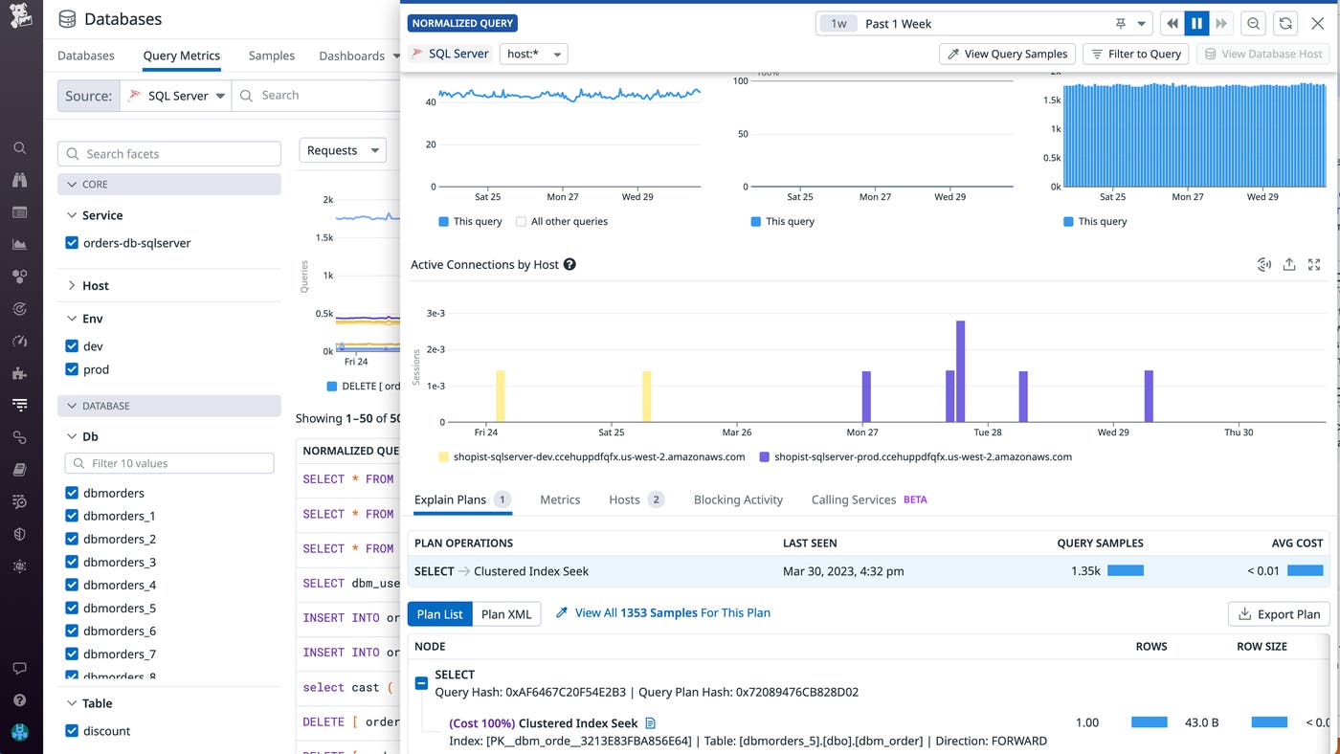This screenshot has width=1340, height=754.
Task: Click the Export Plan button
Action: (x=1279, y=614)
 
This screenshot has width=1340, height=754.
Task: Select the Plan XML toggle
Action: (x=506, y=614)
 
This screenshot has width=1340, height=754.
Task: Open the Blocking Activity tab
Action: (x=737, y=499)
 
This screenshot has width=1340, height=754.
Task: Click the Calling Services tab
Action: (x=853, y=499)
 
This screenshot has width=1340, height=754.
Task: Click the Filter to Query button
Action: (x=1135, y=54)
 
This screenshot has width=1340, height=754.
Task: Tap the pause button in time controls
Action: (x=1196, y=24)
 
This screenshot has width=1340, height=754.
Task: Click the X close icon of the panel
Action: (x=1317, y=24)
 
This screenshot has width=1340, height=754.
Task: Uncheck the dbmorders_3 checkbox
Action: (x=72, y=562)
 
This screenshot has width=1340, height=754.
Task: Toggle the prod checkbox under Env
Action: (x=72, y=369)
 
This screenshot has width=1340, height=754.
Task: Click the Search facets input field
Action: (x=169, y=153)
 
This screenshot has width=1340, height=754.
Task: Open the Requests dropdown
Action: (x=343, y=150)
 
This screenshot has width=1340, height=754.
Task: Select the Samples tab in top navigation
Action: (x=272, y=55)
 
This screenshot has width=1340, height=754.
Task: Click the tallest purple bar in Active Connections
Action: (x=960, y=370)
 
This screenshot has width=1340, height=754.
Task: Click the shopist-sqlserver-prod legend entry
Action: (x=922, y=457)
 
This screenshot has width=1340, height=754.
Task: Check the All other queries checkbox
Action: (x=522, y=221)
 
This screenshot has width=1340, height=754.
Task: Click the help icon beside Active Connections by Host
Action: (x=569, y=264)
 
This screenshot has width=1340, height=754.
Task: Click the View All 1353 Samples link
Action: (x=672, y=612)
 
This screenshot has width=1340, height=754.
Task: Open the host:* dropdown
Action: (x=533, y=54)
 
